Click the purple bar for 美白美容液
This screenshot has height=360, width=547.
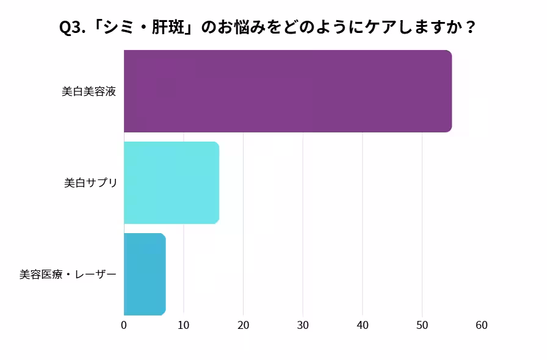pos(288,92)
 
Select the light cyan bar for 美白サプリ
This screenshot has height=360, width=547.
pos(172,182)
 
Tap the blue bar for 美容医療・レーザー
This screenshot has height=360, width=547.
pos(145,274)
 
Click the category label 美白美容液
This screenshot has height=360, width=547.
pos(89,92)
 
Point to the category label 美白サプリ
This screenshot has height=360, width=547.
pos(90,183)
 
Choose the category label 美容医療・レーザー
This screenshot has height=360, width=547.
pos(68,275)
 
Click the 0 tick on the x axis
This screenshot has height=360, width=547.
pos(124,325)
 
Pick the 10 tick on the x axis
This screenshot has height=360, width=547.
pos(184,325)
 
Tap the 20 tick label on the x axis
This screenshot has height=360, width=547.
pos(243,325)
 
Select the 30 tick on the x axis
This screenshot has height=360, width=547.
pos(303,325)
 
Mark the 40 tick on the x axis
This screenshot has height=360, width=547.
pos(363,325)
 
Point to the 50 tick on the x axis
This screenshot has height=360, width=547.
pos(422,325)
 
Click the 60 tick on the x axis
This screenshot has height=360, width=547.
pos(482,325)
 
